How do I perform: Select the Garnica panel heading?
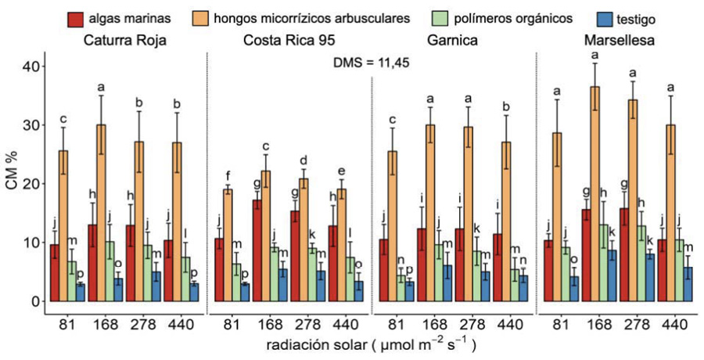point(451,40)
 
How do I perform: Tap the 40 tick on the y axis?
point(29,67)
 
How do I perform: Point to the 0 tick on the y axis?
point(34,301)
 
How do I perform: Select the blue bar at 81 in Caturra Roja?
point(80,293)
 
